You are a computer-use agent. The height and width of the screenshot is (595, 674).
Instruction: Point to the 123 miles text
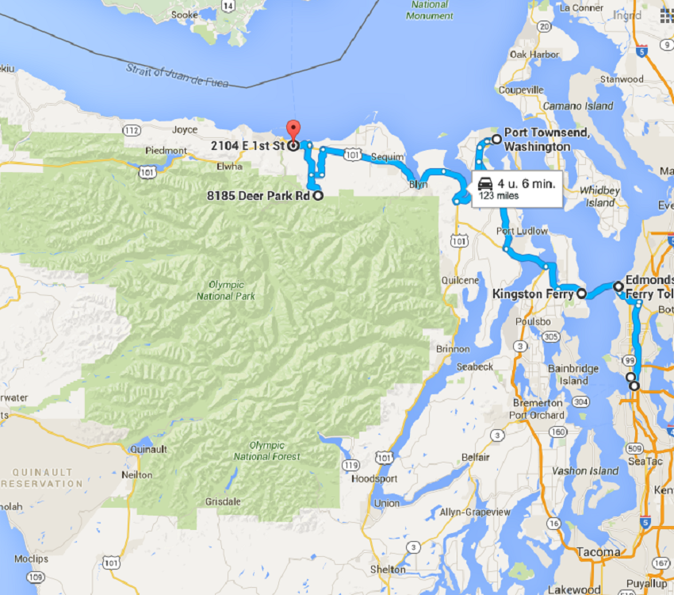click(x=497, y=195)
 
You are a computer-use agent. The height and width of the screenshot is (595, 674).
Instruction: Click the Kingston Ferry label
click(x=533, y=294)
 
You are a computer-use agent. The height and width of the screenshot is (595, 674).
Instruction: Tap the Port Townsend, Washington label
click(x=537, y=140)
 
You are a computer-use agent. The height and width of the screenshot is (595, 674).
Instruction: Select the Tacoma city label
click(x=599, y=551)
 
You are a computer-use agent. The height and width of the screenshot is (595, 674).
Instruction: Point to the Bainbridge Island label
click(x=568, y=374)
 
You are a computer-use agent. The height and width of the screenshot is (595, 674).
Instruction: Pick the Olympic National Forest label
click(x=267, y=451)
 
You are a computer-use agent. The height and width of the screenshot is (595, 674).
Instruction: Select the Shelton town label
click(x=387, y=570)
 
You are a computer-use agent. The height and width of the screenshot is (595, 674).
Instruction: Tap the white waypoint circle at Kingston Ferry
click(x=580, y=294)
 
